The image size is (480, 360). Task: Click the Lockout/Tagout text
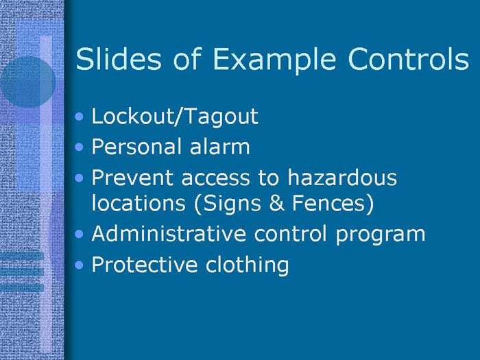[x=175, y=116]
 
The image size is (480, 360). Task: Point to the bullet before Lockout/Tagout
[x=82, y=117]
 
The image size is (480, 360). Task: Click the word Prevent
[x=130, y=178]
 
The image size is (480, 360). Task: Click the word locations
[x=133, y=203]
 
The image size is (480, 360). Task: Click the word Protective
[x=140, y=265]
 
